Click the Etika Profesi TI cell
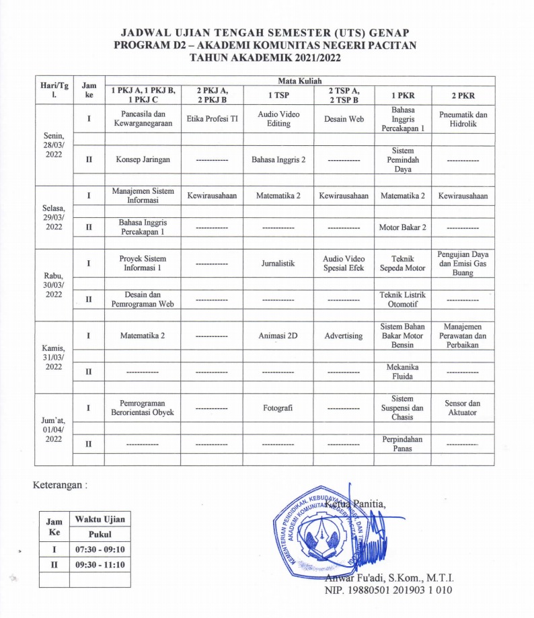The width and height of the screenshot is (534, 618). point(212,120)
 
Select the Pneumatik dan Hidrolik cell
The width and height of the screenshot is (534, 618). point(463,120)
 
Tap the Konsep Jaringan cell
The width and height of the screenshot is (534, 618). point(143,161)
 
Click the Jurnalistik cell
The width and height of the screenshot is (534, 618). point(278,264)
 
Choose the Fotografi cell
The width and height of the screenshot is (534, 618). point(278,408)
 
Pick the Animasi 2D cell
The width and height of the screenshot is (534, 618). point(278,336)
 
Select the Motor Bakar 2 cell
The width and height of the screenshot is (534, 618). point(402,227)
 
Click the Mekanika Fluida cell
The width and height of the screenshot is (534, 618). point(402,372)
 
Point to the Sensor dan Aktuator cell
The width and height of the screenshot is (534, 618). point(463,408)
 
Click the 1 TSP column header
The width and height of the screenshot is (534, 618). point(278,95)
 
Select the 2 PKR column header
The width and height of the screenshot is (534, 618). point(463,95)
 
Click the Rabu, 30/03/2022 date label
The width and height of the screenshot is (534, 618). point(54,284)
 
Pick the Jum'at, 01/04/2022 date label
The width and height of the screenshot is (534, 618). point(54,428)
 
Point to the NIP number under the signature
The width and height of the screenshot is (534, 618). point(389,590)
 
